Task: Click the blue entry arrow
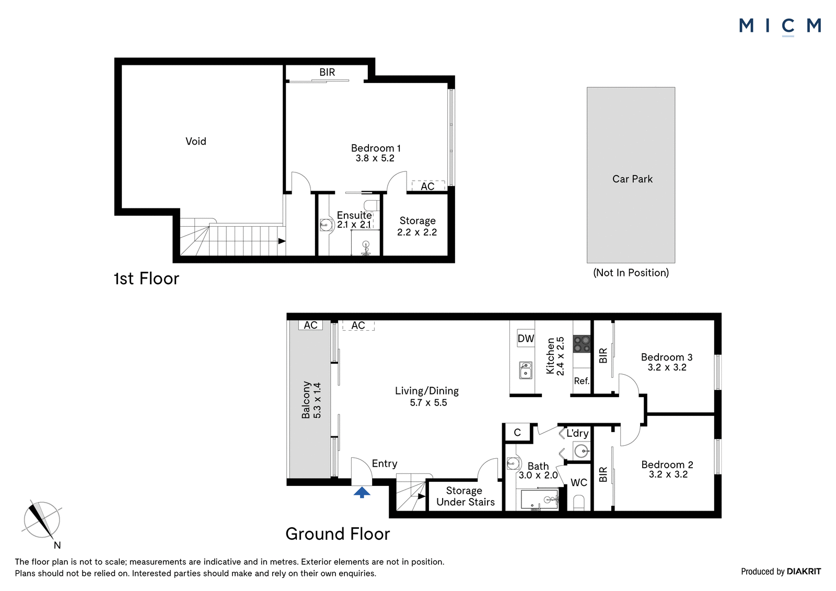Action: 362,492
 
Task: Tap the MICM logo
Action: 780,27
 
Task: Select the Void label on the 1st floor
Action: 195,141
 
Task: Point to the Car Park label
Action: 632,179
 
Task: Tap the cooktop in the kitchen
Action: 582,344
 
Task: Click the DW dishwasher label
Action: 526,338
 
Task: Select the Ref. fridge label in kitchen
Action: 582,381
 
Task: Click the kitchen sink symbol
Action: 526,370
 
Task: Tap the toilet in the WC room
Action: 578,502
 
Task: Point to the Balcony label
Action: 306,400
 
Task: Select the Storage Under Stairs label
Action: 465,496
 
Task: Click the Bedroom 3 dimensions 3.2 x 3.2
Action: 667,367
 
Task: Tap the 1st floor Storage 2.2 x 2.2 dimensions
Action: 417,232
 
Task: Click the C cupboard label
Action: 517,433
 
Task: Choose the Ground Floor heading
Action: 338,534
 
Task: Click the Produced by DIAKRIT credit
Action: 781,572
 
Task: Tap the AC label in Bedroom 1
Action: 427,187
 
